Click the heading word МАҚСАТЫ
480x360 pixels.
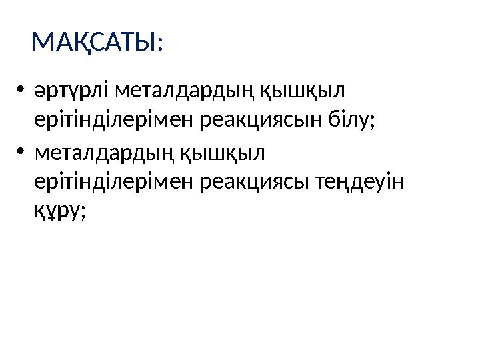(93, 44)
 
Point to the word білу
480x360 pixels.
(347, 120)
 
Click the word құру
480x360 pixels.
(57, 212)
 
